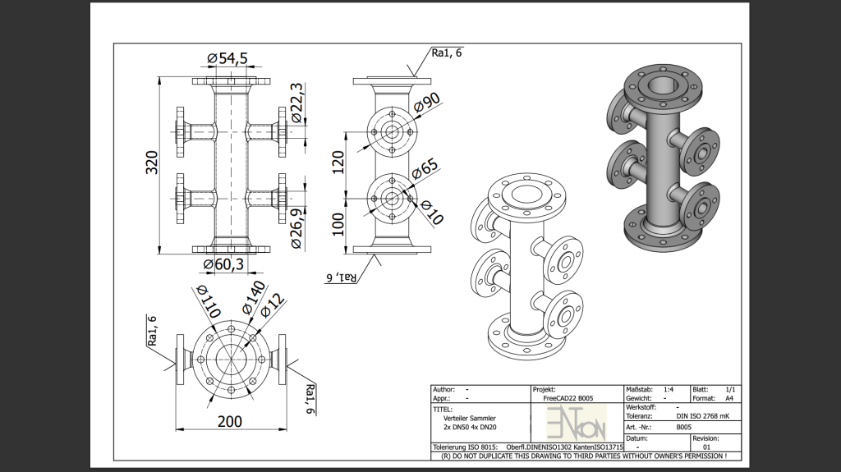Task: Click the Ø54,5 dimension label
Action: pos(227,58)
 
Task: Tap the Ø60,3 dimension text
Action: pos(223,263)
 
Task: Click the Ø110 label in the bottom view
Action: pos(209,301)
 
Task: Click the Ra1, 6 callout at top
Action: pos(447,53)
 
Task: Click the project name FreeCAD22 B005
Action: pos(570,398)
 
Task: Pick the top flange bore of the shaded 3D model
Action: pos(659,85)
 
